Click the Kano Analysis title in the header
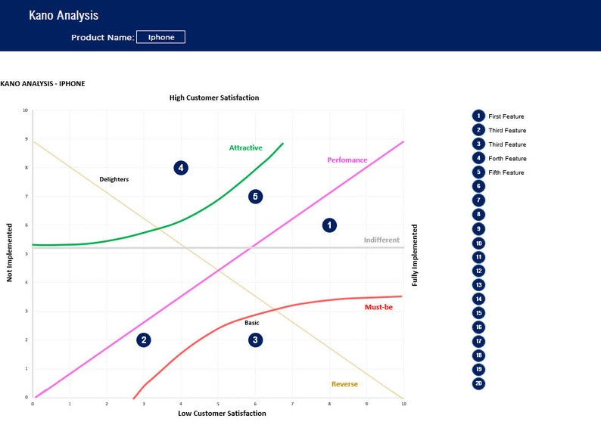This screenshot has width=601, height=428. (x=64, y=15)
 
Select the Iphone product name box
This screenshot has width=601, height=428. (x=160, y=37)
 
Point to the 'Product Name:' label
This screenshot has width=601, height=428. (x=102, y=37)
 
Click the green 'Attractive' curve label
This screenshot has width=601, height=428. (x=245, y=147)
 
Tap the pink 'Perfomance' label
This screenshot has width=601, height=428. (x=347, y=160)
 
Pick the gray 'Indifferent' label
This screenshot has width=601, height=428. (x=381, y=240)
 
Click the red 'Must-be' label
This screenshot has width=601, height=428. (x=378, y=307)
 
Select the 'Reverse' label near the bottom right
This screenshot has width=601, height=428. (x=344, y=384)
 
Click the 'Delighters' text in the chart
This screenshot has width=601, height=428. (x=114, y=179)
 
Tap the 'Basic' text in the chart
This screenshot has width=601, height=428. (x=251, y=323)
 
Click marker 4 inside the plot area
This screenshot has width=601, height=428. (x=180, y=168)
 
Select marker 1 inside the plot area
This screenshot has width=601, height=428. (x=329, y=225)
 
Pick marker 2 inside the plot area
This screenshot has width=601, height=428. (x=144, y=340)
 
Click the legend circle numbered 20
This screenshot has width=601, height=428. (x=478, y=383)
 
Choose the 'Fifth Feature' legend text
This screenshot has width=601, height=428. (x=506, y=172)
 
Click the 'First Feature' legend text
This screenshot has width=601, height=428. (x=506, y=116)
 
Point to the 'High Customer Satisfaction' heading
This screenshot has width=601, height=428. (x=213, y=98)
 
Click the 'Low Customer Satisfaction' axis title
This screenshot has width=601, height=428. (x=222, y=413)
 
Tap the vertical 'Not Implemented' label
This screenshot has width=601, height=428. (x=10, y=253)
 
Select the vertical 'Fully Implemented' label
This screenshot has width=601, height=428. (x=414, y=254)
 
